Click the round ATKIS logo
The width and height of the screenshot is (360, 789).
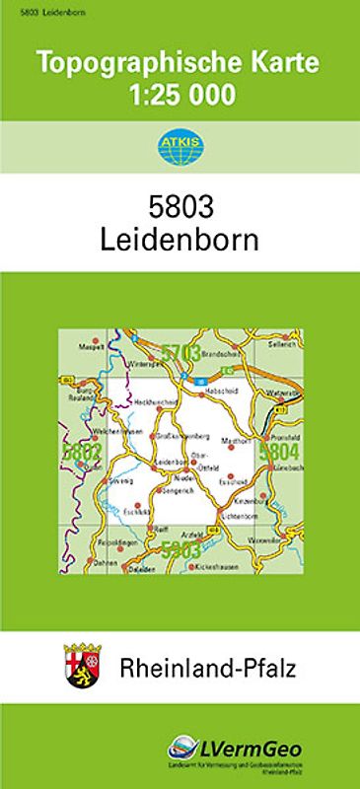[x=179, y=149]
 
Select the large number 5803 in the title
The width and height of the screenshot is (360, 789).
[x=179, y=208]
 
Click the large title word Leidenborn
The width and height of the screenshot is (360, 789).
[x=179, y=240]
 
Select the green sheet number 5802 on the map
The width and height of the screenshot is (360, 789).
[x=80, y=452]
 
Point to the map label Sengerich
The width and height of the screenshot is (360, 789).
[x=176, y=489]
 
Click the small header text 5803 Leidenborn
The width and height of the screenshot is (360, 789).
[x=33, y=9]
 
